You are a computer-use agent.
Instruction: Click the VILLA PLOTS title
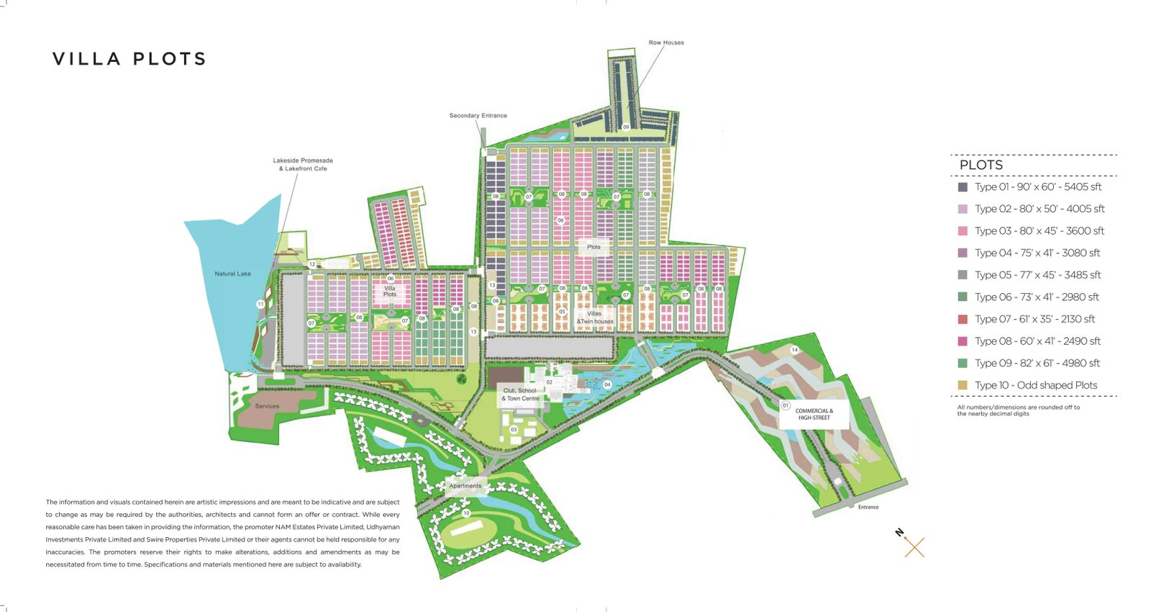(x=129, y=59)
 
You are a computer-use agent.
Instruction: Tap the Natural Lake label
(x=232, y=274)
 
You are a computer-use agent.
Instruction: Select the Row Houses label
(x=666, y=42)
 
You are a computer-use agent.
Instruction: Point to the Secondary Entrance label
(x=478, y=115)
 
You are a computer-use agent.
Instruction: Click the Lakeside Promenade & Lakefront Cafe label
(x=303, y=164)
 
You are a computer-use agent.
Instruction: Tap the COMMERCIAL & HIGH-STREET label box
(x=814, y=414)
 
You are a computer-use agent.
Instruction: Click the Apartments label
(x=465, y=485)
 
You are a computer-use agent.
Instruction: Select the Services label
(x=267, y=406)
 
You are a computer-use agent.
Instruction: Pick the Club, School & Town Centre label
(x=520, y=395)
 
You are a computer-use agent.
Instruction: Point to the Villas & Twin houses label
(x=595, y=318)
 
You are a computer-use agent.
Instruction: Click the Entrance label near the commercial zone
(x=868, y=507)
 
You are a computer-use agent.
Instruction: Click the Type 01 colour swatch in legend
(x=963, y=187)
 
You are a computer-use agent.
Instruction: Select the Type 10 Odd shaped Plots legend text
(x=1036, y=385)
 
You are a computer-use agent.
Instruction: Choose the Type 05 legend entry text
(x=1037, y=275)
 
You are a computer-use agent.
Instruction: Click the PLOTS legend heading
(x=981, y=165)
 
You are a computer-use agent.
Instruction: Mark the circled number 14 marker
(x=794, y=350)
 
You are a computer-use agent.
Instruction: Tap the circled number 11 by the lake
(x=260, y=305)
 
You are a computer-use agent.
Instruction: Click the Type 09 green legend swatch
(x=963, y=364)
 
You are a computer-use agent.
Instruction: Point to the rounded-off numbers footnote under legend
(x=1018, y=410)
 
